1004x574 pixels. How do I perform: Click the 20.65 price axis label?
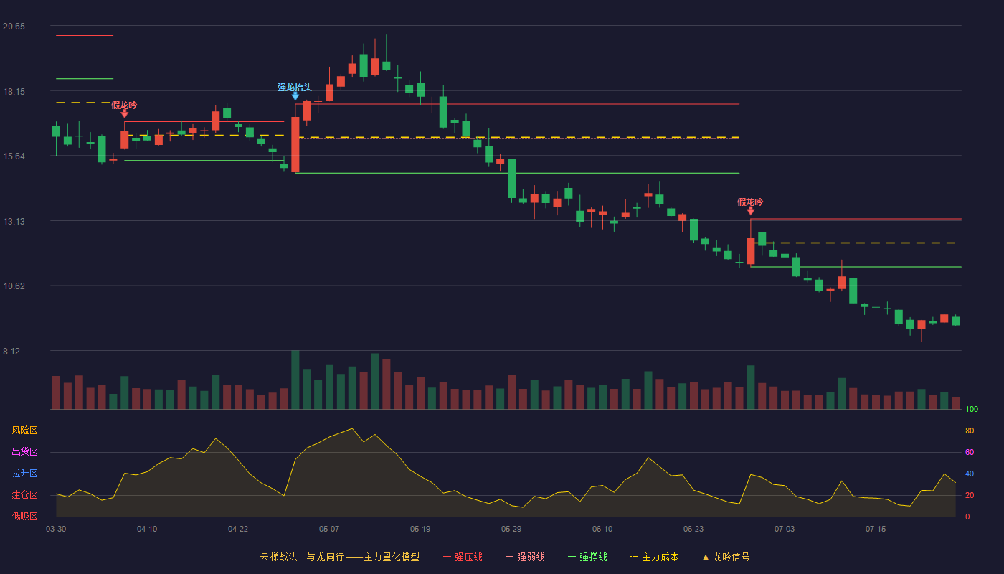(x=14, y=27)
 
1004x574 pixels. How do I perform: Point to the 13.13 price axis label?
(x=14, y=222)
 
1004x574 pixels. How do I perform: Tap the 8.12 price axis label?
(x=11, y=352)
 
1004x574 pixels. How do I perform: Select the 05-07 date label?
(x=329, y=530)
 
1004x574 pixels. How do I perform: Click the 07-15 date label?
(x=876, y=530)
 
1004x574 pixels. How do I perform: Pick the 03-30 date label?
(x=56, y=530)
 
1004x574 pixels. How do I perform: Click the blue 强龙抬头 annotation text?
(x=295, y=88)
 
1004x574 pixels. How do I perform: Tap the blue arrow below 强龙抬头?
(x=295, y=96)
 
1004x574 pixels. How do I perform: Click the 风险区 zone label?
(x=24, y=430)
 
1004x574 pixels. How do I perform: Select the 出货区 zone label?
(x=24, y=451)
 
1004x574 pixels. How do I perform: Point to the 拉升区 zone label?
(x=24, y=473)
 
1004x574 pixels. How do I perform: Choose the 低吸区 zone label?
(x=24, y=516)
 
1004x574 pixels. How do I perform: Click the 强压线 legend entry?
(x=463, y=557)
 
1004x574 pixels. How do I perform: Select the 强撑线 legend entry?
(x=587, y=557)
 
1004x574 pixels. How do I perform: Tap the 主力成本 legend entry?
(x=654, y=557)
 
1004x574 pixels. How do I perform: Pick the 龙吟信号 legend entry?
(x=726, y=557)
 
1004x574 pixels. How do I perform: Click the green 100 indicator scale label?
(x=972, y=409)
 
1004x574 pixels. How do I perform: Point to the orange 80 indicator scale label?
(x=970, y=430)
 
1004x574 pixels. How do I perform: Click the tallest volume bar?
(x=295, y=380)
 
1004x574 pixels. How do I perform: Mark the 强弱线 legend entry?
(x=525, y=557)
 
